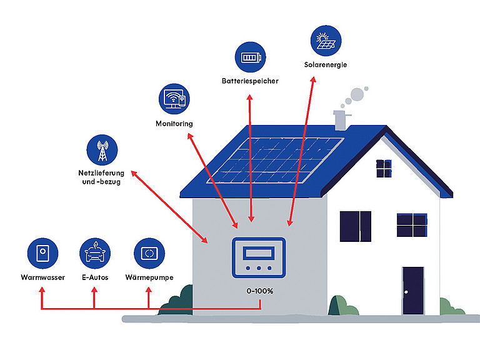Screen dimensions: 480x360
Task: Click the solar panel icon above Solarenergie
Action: click(326, 41)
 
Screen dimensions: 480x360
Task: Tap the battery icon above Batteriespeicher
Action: click(251, 57)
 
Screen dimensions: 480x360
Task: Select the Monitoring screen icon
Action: click(174, 99)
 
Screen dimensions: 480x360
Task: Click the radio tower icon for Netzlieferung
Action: click(102, 150)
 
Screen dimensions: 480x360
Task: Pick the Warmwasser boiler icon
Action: click(42, 254)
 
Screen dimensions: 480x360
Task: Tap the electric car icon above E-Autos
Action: click(95, 254)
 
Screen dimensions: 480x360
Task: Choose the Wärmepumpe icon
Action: click(149, 254)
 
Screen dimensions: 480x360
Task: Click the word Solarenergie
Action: click(326, 65)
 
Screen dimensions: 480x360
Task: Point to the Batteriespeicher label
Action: click(250, 81)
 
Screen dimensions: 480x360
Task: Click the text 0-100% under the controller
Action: click(259, 291)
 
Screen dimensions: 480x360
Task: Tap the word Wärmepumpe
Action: click(149, 277)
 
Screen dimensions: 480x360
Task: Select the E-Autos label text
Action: click(95, 277)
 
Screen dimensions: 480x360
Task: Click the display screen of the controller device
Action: click(259, 253)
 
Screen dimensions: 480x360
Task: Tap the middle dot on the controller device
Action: click(259, 268)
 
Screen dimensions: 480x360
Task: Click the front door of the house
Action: click(413, 291)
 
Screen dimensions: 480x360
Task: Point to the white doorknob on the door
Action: click(406, 292)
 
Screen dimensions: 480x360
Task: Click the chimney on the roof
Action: click(341, 120)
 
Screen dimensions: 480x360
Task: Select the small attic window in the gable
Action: click(384, 168)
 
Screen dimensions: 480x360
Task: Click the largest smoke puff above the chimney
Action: click(357, 94)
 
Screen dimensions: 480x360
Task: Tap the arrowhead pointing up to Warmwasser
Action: click(42, 290)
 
